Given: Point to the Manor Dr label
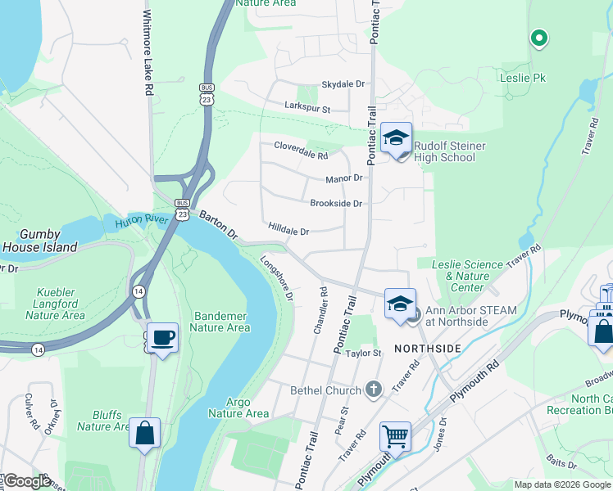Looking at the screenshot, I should (344, 178).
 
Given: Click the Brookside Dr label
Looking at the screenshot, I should (336, 203).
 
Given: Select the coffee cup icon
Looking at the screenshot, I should (162, 336).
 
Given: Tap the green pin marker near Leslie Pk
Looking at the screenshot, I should (538, 37).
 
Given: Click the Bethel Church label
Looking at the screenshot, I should (325, 390).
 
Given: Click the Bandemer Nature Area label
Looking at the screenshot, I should (220, 322).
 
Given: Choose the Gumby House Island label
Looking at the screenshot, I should (39, 241).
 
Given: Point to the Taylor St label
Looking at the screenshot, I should (364, 354).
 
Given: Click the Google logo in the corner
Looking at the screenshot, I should (26, 481).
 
